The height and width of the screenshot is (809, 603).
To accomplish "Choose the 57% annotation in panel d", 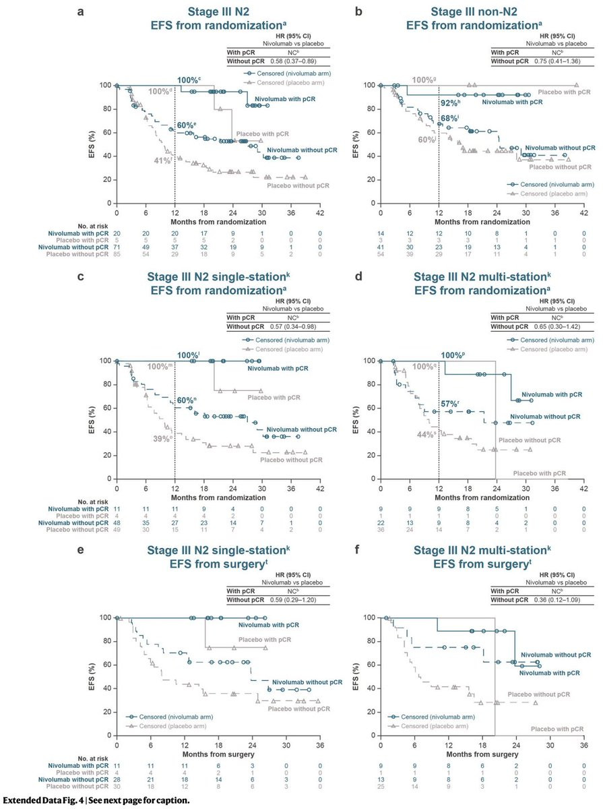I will click(x=451, y=404).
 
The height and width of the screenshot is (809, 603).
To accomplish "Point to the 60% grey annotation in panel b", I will click(x=425, y=140).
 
